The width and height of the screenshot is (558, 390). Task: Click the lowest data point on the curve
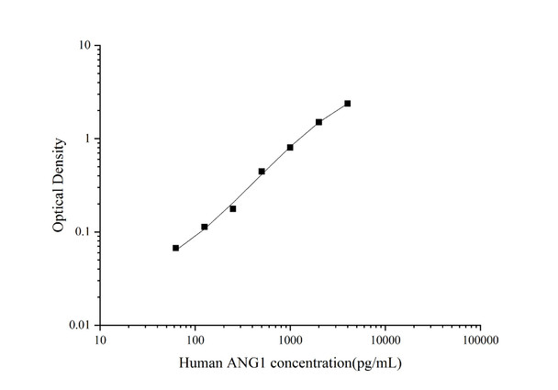[x=175, y=248]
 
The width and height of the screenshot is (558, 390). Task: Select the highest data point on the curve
[x=348, y=104]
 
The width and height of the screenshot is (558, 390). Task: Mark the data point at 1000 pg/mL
[x=290, y=147]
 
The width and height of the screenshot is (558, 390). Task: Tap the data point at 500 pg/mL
[x=262, y=172]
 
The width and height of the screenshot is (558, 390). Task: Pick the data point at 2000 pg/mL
[x=318, y=122]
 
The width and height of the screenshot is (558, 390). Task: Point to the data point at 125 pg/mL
[x=205, y=227]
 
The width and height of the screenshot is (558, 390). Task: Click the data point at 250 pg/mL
[x=233, y=208]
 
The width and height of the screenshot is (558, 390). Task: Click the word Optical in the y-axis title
[x=60, y=206]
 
